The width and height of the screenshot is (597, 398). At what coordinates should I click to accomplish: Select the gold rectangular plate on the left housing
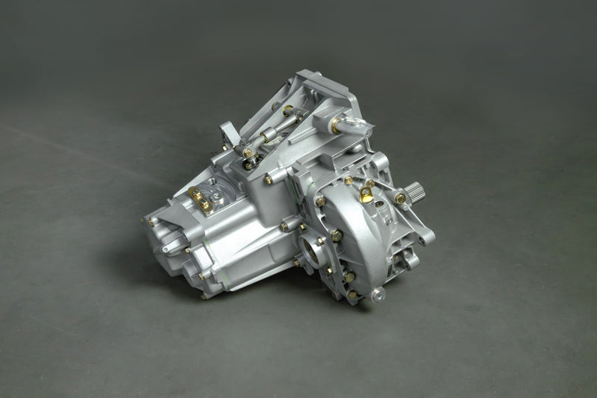point(200,199)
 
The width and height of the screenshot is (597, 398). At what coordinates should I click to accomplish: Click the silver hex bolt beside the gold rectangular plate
point(216,196)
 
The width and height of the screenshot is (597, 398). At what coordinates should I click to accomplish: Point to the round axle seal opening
point(310,248)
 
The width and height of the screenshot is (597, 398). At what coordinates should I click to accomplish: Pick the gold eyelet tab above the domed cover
point(365,195)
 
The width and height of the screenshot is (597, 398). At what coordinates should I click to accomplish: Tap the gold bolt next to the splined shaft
point(401,198)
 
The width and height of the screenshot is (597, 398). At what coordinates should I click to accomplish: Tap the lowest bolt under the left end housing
point(202,296)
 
